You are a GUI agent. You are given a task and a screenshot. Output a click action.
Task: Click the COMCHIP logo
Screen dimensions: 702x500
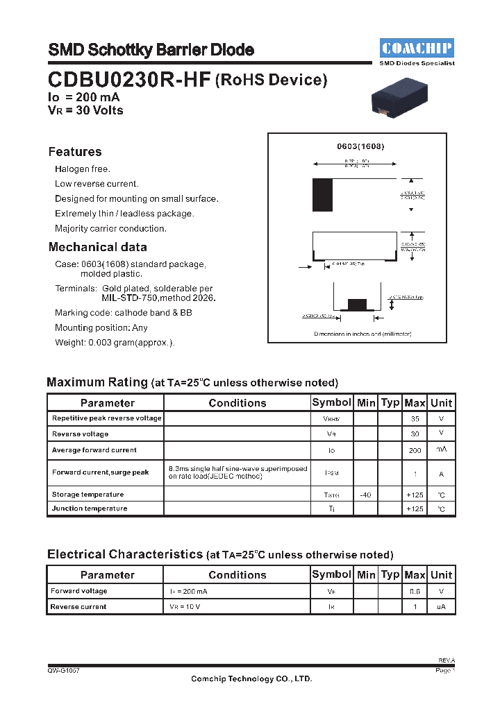[x=417, y=48]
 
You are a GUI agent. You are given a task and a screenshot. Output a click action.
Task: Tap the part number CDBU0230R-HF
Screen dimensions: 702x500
[x=129, y=80]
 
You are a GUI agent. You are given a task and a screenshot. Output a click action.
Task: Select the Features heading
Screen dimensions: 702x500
[x=75, y=152]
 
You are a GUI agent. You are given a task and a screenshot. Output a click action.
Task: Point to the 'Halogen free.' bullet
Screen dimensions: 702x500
[x=83, y=169]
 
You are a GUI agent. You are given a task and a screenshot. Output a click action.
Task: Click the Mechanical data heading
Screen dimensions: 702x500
[x=97, y=247]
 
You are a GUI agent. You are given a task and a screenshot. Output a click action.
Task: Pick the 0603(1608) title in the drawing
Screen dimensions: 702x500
[x=360, y=146]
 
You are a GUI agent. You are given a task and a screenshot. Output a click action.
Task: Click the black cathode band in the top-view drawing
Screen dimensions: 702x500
[x=322, y=195]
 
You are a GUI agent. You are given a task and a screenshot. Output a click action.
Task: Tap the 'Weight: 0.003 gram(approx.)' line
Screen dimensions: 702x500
[x=115, y=343]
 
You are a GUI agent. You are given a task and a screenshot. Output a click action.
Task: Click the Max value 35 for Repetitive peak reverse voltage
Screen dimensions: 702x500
[x=415, y=419]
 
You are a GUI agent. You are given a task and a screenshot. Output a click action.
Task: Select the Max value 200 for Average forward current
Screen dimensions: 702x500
[x=415, y=451]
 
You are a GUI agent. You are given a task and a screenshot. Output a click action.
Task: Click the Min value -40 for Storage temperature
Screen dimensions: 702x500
[x=366, y=495]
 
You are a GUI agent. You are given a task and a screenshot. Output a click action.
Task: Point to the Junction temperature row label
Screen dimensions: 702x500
[x=90, y=508]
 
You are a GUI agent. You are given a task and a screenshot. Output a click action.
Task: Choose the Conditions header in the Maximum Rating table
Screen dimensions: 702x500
[x=237, y=403]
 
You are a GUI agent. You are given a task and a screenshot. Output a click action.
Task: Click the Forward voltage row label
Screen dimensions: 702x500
[x=79, y=591]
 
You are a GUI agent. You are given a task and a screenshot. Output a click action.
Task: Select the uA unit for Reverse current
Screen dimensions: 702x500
[x=441, y=607]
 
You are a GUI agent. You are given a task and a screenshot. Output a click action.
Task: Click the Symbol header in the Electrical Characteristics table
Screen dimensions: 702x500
[x=331, y=574]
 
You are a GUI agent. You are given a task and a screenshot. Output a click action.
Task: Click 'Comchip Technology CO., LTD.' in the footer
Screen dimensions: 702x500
[x=251, y=679]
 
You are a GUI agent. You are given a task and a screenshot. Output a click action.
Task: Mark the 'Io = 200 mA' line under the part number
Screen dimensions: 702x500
[x=84, y=98]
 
